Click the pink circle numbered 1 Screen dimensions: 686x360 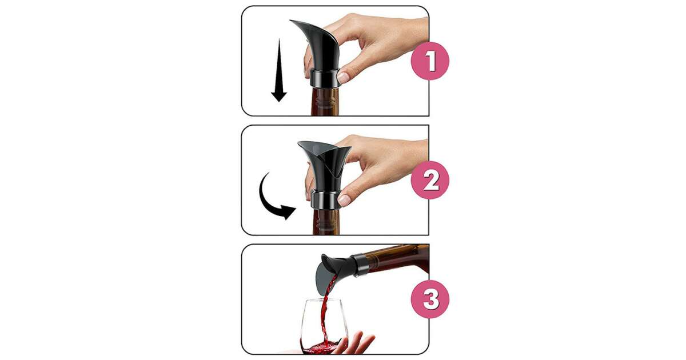click(x=430, y=61)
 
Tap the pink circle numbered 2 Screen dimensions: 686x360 click(x=430, y=181)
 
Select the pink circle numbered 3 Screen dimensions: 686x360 click(x=430, y=299)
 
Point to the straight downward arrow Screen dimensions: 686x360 click(x=279, y=70)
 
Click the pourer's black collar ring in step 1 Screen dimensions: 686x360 click(x=325, y=79)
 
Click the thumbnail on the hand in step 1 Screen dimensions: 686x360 click(x=344, y=78)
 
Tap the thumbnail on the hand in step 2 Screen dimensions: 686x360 click(x=344, y=200)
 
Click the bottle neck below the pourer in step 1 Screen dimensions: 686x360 click(x=325, y=102)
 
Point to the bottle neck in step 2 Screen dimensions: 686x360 click(x=326, y=222)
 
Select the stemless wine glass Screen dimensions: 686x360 click(x=325, y=326)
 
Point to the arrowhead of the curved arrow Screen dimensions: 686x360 click(x=289, y=212)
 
